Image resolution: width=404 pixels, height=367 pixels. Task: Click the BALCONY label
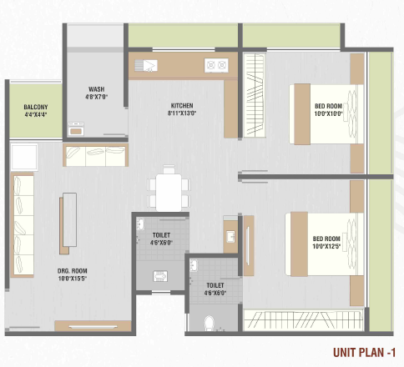[x=36, y=107]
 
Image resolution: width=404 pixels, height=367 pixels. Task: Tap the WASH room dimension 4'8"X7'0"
[x=96, y=97]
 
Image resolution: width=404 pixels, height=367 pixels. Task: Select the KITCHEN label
[x=182, y=106]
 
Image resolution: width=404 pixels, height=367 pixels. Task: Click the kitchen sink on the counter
[x=146, y=66]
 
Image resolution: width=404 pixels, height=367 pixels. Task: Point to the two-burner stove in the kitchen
[x=216, y=65]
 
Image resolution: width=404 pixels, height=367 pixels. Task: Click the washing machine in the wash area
[x=76, y=129]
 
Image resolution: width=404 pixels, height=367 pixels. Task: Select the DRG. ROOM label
[x=73, y=271]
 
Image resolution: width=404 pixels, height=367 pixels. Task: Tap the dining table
[x=169, y=193]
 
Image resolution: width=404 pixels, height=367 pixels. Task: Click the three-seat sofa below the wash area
[x=95, y=155]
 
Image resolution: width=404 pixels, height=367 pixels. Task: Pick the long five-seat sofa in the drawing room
[x=23, y=225]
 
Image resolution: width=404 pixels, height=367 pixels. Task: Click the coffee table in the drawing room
[x=69, y=220]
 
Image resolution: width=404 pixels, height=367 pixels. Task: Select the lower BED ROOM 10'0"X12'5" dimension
[x=326, y=246]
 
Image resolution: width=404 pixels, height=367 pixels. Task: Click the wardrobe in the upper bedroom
[x=255, y=95]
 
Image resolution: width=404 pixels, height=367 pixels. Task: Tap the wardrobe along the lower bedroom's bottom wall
[x=304, y=320]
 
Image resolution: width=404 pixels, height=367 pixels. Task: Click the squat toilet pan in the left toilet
[x=160, y=276]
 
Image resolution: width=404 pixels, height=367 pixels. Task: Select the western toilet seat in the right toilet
[x=210, y=323]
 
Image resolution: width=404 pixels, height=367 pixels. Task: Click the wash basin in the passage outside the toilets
[x=230, y=237]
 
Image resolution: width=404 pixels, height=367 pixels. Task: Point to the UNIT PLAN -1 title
[x=364, y=352]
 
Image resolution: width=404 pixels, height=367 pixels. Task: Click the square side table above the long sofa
[x=24, y=157]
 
